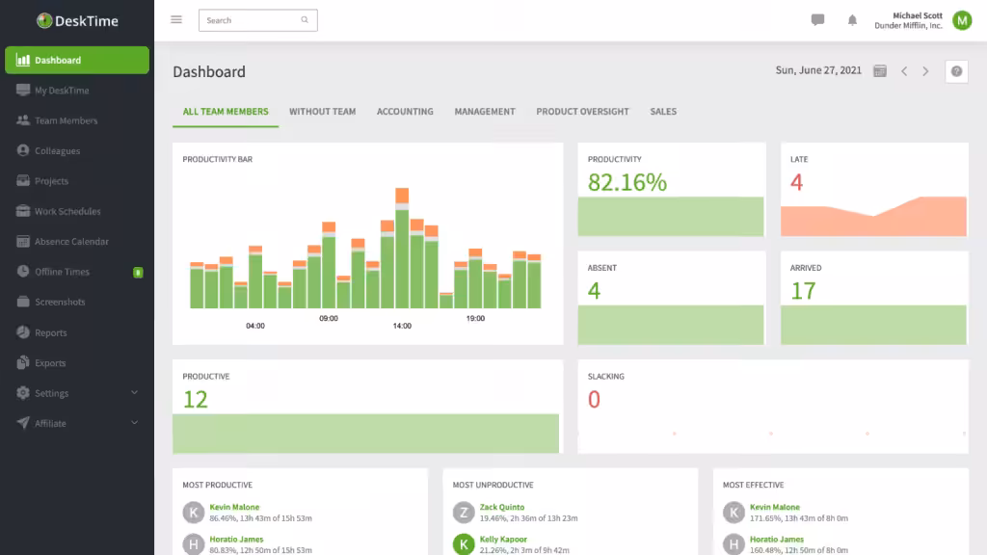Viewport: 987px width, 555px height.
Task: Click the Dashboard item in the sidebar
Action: click(77, 61)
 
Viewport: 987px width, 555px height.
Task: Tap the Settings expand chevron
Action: click(134, 393)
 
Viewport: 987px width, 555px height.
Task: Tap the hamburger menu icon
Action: click(176, 20)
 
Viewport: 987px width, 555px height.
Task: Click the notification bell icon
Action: click(852, 20)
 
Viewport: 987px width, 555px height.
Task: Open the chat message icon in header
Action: click(817, 20)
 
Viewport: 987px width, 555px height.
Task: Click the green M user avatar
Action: click(962, 21)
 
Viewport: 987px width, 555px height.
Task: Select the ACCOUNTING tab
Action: click(405, 112)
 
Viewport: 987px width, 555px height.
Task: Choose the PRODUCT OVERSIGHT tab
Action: click(582, 112)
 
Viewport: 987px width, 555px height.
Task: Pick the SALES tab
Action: click(663, 112)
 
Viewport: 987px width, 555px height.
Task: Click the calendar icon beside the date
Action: click(880, 71)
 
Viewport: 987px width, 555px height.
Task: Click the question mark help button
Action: click(956, 71)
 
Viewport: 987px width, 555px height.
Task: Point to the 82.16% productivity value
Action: click(627, 182)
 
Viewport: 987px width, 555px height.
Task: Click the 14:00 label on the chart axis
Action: click(402, 326)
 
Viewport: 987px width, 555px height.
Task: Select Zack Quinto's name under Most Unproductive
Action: click(501, 507)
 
